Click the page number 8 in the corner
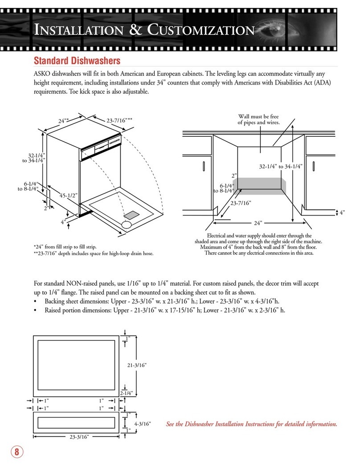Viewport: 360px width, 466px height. pyautogui.click(x=17, y=452)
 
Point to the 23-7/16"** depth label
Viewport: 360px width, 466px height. pyautogui.click(x=119, y=120)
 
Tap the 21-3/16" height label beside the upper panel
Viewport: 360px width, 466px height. pyautogui.click(x=137, y=365)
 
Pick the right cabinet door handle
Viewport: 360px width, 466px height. pyautogui.click(x=314, y=167)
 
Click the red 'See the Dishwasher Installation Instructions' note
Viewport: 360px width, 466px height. pyautogui.click(x=251, y=424)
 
